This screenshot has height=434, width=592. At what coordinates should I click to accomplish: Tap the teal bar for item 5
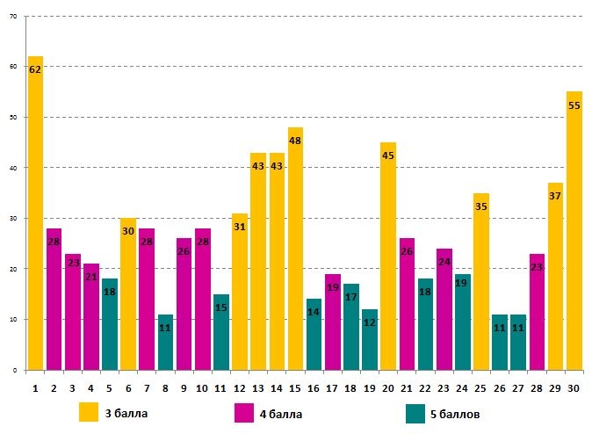[110, 324]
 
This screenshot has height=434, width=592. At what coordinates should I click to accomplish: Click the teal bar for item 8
[165, 342]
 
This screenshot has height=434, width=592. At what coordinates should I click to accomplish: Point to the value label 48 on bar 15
[295, 141]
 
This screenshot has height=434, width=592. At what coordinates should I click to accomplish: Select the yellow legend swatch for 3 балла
[89, 413]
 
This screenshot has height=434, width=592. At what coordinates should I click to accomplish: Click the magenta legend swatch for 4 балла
[245, 413]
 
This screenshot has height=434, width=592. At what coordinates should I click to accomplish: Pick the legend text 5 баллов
[455, 414]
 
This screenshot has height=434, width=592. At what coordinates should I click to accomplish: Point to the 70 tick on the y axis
[12, 16]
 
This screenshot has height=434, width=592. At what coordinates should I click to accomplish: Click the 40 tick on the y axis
[12, 168]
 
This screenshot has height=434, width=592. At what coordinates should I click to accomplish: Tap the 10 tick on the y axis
[12, 320]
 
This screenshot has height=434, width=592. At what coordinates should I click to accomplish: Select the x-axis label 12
[240, 387]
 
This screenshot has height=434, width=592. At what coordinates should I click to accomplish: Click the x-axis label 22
[425, 387]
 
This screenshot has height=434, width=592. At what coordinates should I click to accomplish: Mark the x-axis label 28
[537, 387]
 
